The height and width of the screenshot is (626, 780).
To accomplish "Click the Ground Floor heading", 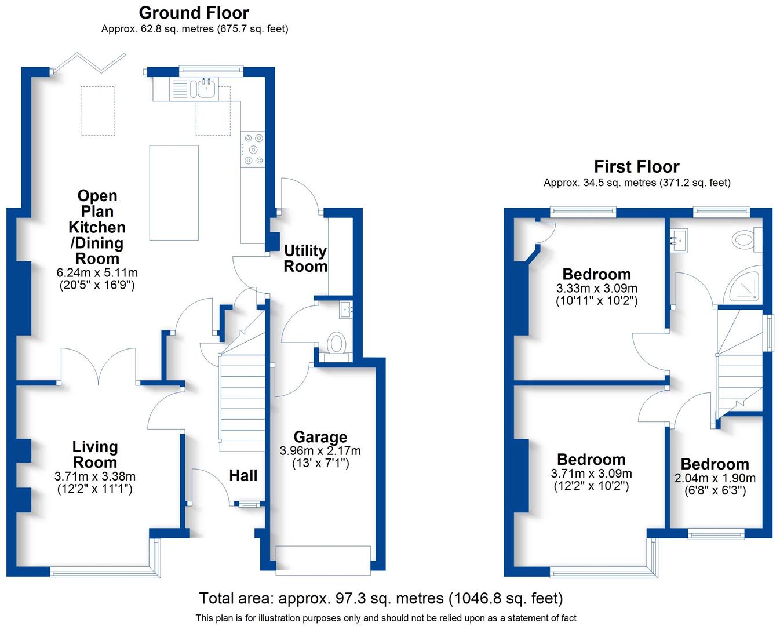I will (x=194, y=13).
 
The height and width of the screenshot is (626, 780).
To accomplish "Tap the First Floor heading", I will (x=636, y=167).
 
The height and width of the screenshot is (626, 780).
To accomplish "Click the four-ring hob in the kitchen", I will (x=253, y=150).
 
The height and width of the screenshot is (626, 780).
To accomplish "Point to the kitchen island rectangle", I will (x=174, y=192).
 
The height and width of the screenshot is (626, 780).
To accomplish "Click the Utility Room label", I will (x=305, y=259).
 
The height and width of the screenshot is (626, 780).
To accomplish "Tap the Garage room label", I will (x=320, y=437).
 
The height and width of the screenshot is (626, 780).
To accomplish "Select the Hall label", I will (x=243, y=476).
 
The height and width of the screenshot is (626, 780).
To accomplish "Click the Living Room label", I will (x=95, y=454).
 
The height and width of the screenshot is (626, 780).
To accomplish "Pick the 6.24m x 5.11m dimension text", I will (x=97, y=272).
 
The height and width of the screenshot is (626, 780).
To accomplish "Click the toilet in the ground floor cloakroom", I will (x=336, y=343).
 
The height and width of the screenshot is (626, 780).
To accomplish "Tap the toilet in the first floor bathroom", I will (x=743, y=239).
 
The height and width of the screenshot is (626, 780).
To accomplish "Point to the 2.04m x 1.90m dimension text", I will (x=715, y=478).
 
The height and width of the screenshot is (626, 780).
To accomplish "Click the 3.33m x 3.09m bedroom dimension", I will (x=596, y=288).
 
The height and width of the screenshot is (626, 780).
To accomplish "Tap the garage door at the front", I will (x=323, y=561).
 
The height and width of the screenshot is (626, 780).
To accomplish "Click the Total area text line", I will (x=381, y=598).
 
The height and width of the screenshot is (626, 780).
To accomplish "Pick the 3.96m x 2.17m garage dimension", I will (x=320, y=450).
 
